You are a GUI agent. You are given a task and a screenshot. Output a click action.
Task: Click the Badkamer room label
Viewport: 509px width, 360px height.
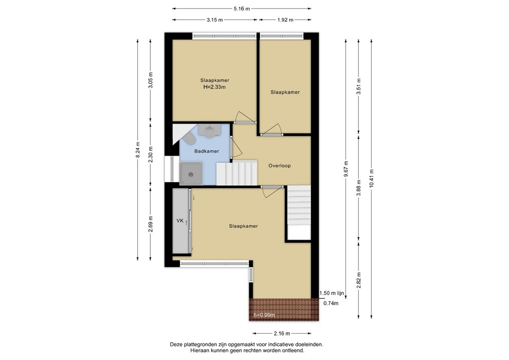(207, 151)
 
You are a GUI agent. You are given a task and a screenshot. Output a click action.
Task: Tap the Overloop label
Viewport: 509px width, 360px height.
(279, 166)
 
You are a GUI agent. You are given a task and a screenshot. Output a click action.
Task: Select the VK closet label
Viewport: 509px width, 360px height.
(180, 220)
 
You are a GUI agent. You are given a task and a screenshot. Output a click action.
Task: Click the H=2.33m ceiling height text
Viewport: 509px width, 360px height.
(215, 87)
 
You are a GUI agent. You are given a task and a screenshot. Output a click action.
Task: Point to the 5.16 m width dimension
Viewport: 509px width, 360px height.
(242, 8)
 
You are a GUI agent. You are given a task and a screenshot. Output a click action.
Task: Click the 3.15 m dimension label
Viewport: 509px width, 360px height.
(214, 20)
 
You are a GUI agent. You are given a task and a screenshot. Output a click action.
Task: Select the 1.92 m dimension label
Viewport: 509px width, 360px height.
(285, 20)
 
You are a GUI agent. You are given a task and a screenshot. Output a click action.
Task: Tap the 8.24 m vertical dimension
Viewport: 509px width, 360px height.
(138, 149)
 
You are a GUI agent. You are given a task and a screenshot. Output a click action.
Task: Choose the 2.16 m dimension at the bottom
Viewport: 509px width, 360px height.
(282, 334)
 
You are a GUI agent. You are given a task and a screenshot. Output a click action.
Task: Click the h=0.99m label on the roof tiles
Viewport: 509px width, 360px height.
(264, 315)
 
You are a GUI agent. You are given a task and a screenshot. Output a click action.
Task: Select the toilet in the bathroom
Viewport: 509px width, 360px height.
(189, 137)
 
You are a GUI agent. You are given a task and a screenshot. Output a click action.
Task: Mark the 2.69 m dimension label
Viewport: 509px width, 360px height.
(151, 224)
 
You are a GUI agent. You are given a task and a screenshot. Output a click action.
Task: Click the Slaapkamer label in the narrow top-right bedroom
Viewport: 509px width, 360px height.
(285, 92)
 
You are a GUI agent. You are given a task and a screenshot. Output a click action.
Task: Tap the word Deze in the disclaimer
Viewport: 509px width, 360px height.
(177, 344)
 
